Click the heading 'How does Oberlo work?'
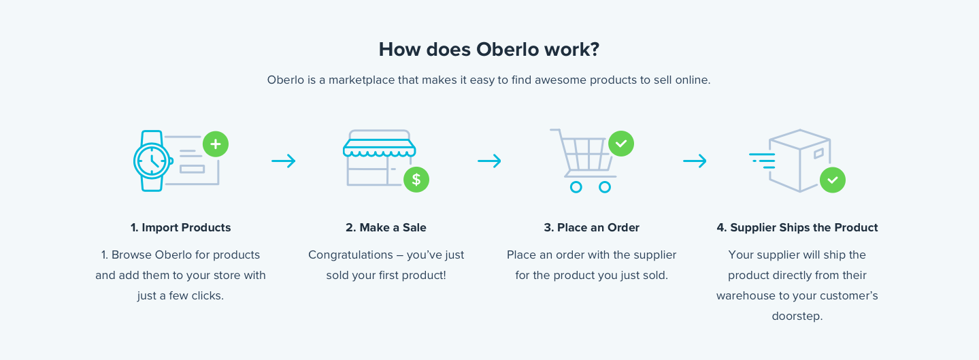(x=489, y=50)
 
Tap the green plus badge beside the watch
(x=216, y=144)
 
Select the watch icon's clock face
(x=152, y=161)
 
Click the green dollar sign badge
(x=416, y=180)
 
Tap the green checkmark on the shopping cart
(x=621, y=144)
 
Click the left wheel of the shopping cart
(x=576, y=187)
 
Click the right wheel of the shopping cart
(x=604, y=187)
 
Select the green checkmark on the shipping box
(x=833, y=180)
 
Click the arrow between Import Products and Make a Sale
(x=283, y=161)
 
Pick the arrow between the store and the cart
(x=489, y=161)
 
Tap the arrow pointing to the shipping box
(x=695, y=161)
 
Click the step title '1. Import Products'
(x=180, y=227)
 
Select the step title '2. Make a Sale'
(x=386, y=227)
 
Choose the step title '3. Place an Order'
(x=591, y=227)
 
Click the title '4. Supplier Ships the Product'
(x=797, y=227)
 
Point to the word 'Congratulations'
(x=350, y=255)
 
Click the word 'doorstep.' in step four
(x=797, y=316)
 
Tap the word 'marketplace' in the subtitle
(x=362, y=80)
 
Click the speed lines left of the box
(x=763, y=161)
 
